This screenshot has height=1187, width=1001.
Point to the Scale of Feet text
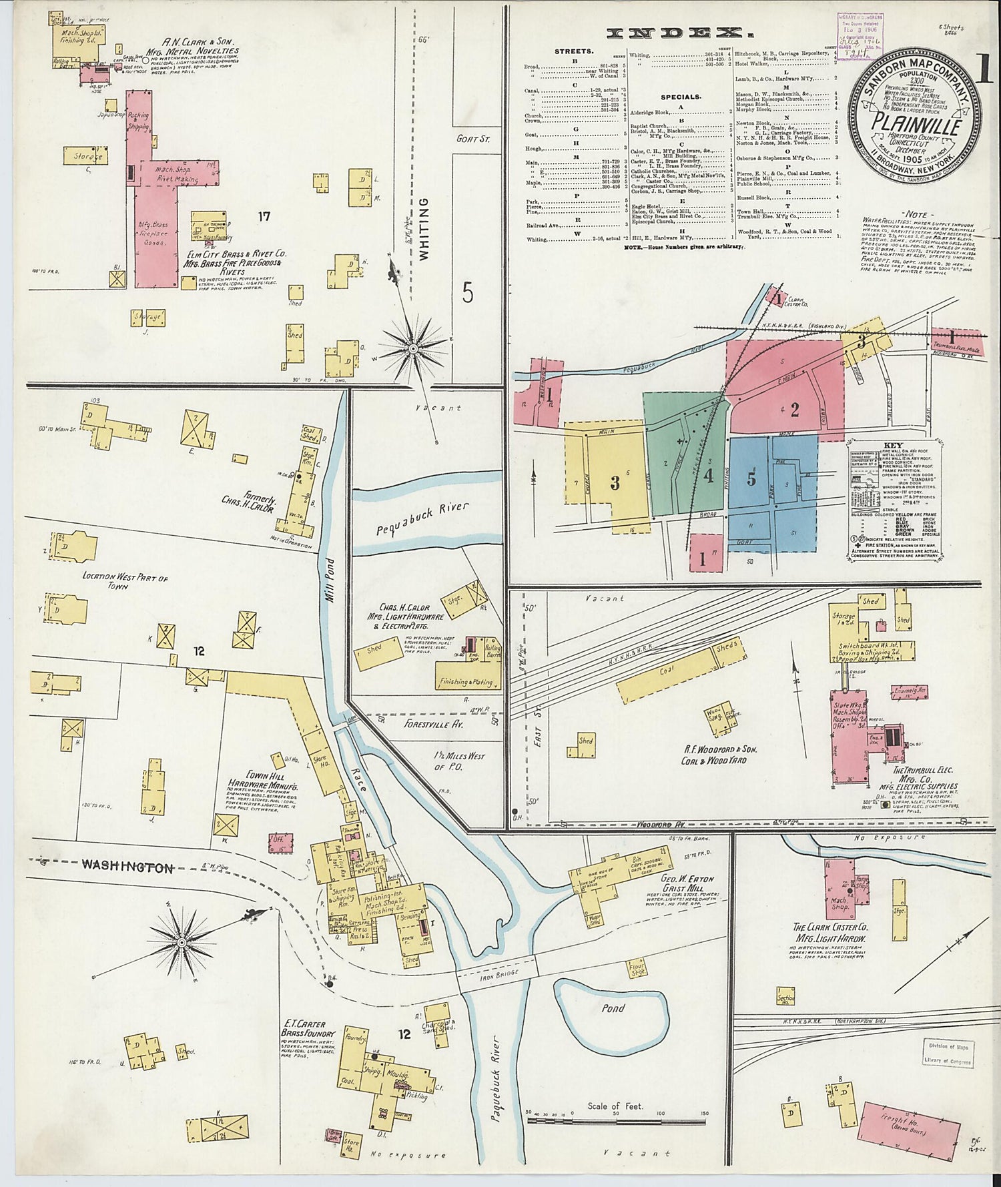[x=615, y=1106]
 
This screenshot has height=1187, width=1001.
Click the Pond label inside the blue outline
[x=613, y=1008]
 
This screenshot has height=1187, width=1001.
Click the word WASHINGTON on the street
[x=127, y=867]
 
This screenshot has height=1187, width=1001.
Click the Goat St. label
[x=473, y=139]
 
